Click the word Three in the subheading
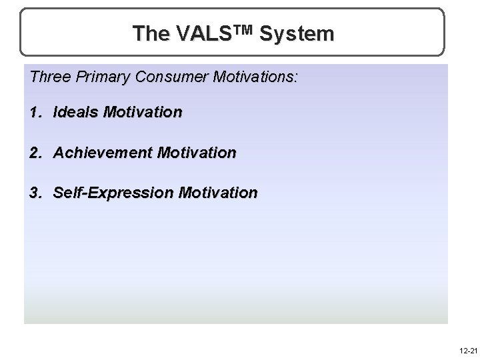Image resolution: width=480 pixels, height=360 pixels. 49,77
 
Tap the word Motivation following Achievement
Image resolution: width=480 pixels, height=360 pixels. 196,153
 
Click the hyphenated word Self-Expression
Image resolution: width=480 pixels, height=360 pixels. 113,193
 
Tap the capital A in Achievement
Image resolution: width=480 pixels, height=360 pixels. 59,153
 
